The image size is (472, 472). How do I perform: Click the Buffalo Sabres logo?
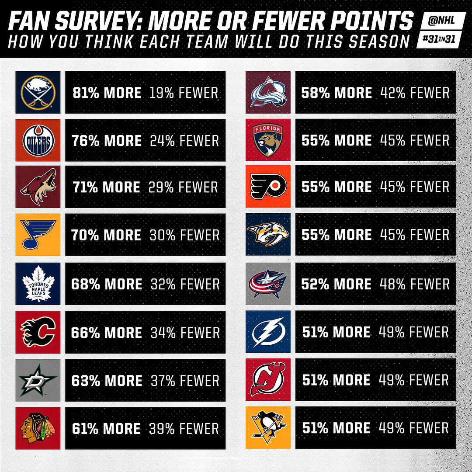click(x=38, y=92)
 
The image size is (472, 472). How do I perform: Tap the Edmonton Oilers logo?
click(x=38, y=140)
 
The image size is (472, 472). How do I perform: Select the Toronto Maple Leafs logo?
click(x=38, y=284)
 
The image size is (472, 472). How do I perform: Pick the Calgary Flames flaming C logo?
click(x=38, y=332)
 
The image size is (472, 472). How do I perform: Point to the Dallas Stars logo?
click(x=38, y=380)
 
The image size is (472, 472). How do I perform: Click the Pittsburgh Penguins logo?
click(x=268, y=428)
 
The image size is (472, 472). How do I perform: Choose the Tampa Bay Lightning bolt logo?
click(x=268, y=332)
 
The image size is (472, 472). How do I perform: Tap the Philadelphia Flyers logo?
click(x=268, y=186)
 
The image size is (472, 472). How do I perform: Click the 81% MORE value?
click(x=107, y=93)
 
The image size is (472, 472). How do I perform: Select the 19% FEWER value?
click(x=184, y=93)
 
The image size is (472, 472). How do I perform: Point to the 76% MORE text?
click(x=107, y=141)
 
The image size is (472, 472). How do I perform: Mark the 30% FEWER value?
click(x=184, y=235)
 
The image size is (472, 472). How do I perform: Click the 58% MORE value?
click(x=337, y=93)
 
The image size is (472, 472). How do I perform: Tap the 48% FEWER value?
click(x=414, y=284)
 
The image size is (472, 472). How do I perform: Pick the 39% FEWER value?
click(x=184, y=429)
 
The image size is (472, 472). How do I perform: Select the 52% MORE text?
click(x=336, y=284)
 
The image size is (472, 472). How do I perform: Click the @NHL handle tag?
click(x=442, y=21)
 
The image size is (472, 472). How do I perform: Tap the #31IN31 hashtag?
click(x=439, y=39)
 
